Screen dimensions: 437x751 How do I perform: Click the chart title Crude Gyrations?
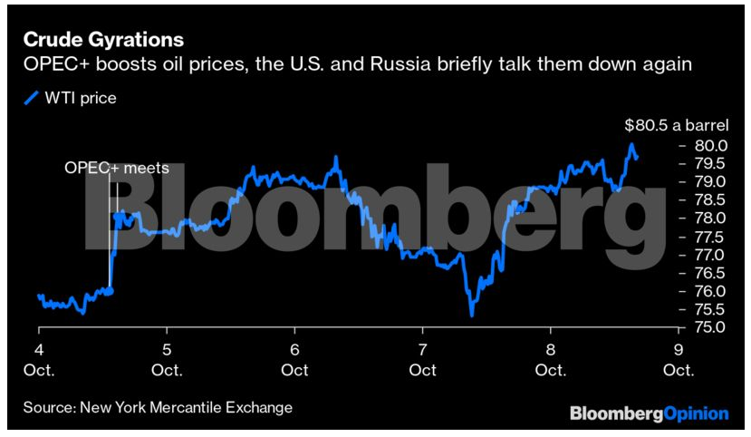(x=103, y=40)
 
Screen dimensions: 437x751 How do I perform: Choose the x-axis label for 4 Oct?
(x=40, y=360)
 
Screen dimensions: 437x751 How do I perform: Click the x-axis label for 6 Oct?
(x=295, y=360)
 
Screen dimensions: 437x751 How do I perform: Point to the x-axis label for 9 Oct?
(x=679, y=360)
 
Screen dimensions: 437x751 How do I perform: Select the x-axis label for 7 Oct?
(x=423, y=360)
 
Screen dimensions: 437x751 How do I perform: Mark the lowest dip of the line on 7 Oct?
(x=472, y=315)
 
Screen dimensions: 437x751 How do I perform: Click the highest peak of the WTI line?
(x=630, y=144)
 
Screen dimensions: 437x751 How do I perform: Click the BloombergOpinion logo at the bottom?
(x=648, y=413)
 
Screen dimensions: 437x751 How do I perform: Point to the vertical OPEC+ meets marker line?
(x=110, y=227)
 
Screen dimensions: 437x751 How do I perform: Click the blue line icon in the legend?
(x=31, y=98)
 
